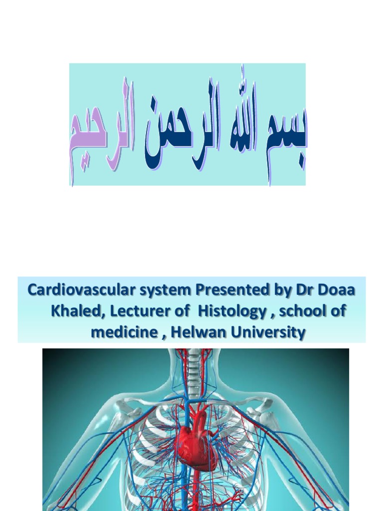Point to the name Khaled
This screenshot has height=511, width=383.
point(75,311)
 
